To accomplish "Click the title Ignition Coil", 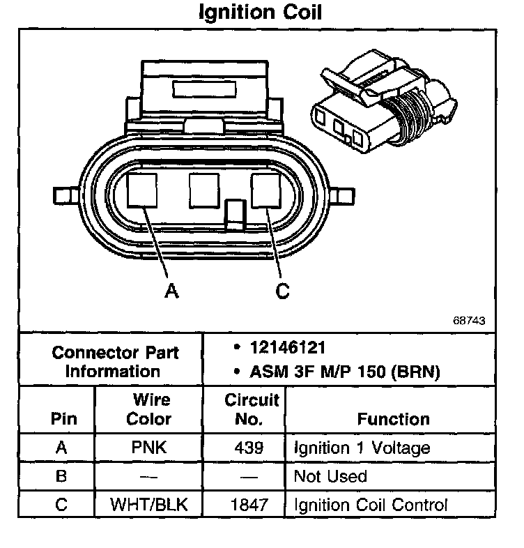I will click(x=261, y=13).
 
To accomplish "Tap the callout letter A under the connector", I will click(x=171, y=291).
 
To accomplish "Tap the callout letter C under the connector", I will click(x=282, y=291).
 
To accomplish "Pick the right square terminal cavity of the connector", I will click(x=265, y=190).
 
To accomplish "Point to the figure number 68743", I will click(x=468, y=321).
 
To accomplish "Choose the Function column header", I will click(x=393, y=419).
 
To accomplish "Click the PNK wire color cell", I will click(x=149, y=448).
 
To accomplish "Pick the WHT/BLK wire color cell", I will click(x=149, y=505).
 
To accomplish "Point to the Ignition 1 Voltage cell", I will click(x=362, y=448).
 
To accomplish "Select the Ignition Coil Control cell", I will click(x=370, y=505).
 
